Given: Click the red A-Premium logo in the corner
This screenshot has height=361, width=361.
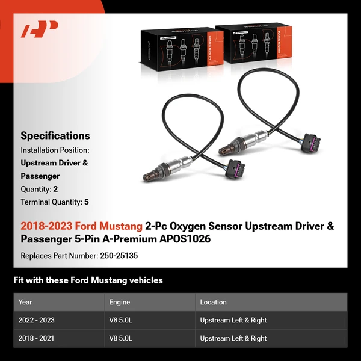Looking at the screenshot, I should point(40,29).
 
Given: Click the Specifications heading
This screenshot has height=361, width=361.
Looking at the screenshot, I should point(55,135).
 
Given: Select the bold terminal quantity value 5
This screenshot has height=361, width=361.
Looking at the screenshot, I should point(87,202).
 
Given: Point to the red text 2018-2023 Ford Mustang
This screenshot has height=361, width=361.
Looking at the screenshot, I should point(81,226).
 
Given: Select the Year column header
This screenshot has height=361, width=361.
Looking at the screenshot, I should point(25,302).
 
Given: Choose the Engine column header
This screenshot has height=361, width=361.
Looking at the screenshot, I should point(120,302).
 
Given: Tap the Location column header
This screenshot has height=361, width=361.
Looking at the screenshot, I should point(213,302).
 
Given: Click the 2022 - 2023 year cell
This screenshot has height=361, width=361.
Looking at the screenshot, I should point(37,320).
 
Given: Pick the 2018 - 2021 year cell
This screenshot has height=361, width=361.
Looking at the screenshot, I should point(36,338).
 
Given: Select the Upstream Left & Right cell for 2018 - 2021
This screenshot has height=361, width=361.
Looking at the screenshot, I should point(233,338).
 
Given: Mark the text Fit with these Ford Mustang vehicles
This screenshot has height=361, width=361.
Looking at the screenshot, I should point(88,280).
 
